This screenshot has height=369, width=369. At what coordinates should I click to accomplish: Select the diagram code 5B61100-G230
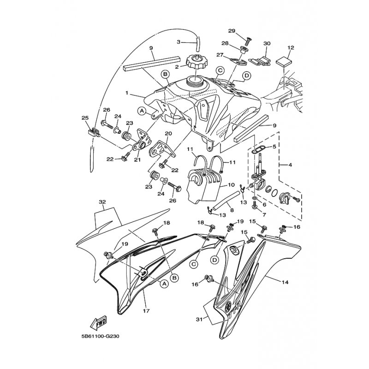tap(100, 337)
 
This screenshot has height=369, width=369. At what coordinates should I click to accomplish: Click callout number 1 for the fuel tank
tap(127, 93)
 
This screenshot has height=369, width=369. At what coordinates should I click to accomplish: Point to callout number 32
tap(102, 202)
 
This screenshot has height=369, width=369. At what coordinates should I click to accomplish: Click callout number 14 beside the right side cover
tap(285, 282)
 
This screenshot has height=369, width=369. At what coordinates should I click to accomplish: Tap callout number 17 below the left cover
tap(146, 311)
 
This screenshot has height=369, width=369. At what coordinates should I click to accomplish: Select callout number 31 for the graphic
tap(199, 319)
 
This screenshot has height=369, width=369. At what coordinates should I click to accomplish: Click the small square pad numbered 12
tap(284, 62)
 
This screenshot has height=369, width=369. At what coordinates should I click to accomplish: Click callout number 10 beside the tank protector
tap(231, 185)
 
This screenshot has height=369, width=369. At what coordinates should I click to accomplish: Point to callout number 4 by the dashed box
tap(290, 165)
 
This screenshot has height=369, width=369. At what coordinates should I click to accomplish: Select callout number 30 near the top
tap(267, 43)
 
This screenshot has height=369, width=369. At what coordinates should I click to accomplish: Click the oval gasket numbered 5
tap(258, 149)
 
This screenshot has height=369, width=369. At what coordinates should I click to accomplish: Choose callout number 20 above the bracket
tap(168, 134)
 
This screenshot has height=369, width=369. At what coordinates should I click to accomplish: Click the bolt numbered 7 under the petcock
tap(255, 206)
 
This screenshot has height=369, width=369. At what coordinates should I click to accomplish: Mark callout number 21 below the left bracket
tap(137, 160)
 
